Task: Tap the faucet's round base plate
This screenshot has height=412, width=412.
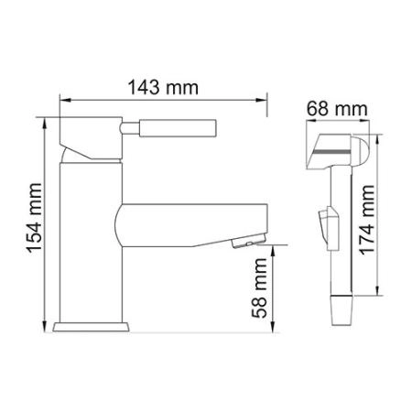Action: [x=91, y=325]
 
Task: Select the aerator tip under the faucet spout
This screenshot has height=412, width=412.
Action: [x=244, y=242]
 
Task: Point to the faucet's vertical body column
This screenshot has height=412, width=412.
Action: [x=90, y=238]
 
